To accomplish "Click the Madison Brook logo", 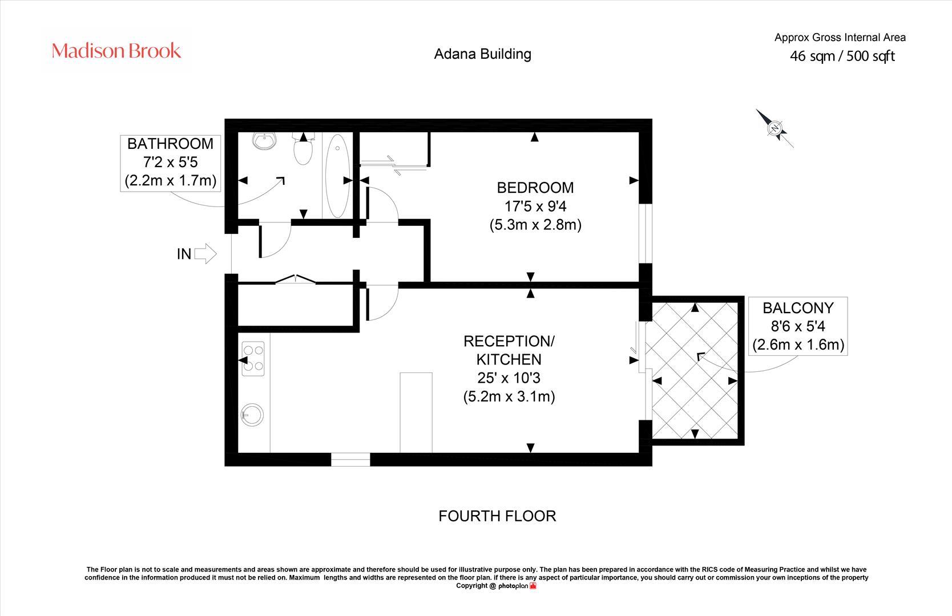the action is [x=116, y=51].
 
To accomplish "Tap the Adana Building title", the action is [x=482, y=54].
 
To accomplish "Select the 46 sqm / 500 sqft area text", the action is [x=842, y=56].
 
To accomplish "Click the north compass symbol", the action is [x=774, y=128].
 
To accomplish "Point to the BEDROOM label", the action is [x=535, y=187].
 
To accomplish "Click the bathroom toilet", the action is [x=303, y=149].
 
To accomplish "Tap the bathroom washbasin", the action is [x=264, y=141].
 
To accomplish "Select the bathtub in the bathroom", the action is [x=337, y=176].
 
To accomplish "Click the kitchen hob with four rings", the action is [x=253, y=359].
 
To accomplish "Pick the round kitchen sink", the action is [x=252, y=415].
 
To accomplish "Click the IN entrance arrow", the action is [x=205, y=254].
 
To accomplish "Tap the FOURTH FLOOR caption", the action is [x=497, y=516].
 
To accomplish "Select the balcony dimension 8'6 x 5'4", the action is [x=798, y=326].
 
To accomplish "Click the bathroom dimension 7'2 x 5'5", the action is [x=171, y=163].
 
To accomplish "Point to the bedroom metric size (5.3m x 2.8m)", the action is [x=535, y=224].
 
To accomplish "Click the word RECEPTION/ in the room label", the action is [x=509, y=341].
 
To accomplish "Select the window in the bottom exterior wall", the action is [x=350, y=459].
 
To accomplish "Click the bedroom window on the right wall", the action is [x=646, y=233].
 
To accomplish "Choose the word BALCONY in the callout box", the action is [x=798, y=308].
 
